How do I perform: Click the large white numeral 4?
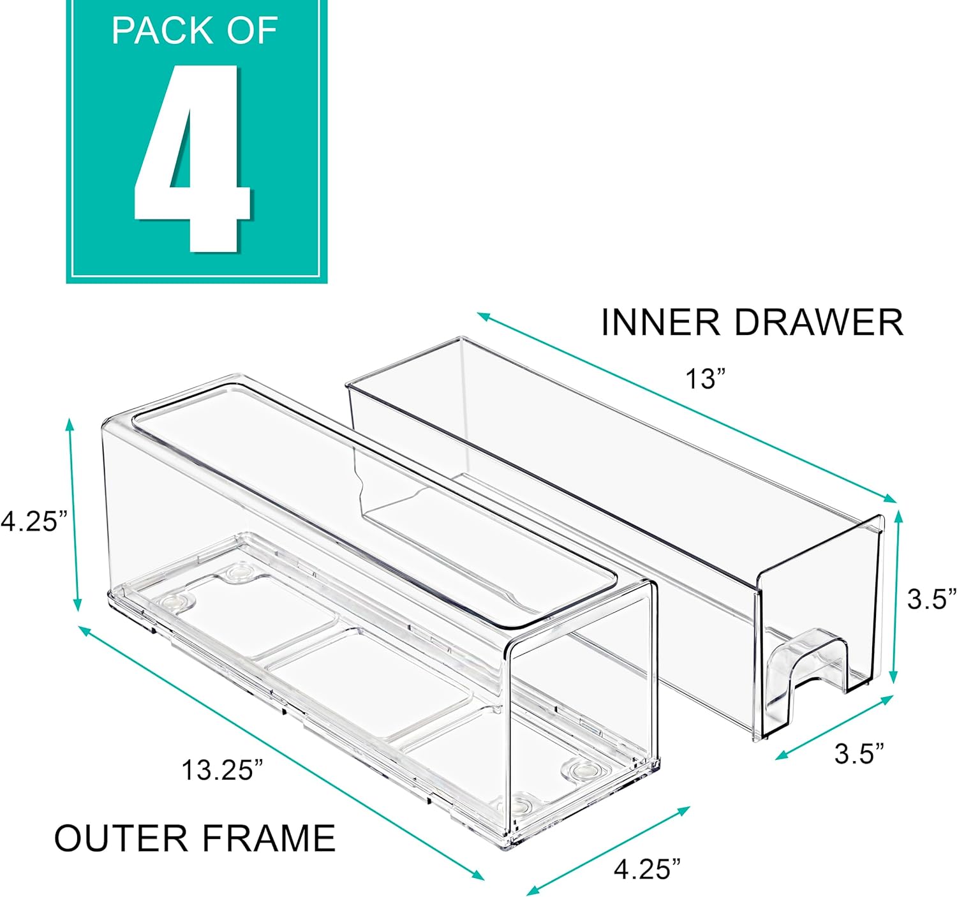(x=191, y=159)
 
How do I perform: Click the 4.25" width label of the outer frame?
(x=647, y=868)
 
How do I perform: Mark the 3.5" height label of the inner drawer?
(x=932, y=598)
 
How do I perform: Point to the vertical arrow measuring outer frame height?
(x=74, y=514)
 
